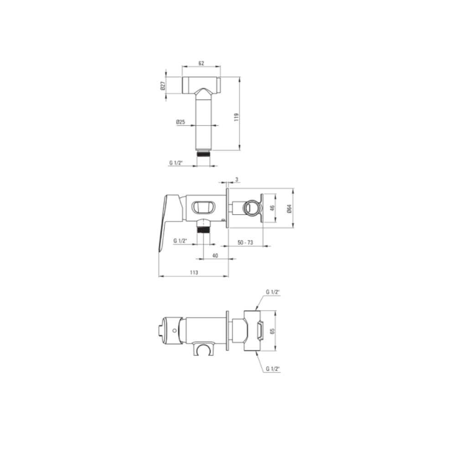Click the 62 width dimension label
(x=201, y=63)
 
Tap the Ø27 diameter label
(x=163, y=86)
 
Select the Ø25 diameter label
(x=181, y=122)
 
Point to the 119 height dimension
(x=236, y=117)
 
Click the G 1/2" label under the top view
(x=176, y=163)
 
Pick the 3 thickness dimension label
(x=237, y=179)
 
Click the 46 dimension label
(x=272, y=208)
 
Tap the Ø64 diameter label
(x=289, y=208)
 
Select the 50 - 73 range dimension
(x=245, y=242)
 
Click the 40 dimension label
(x=215, y=256)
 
